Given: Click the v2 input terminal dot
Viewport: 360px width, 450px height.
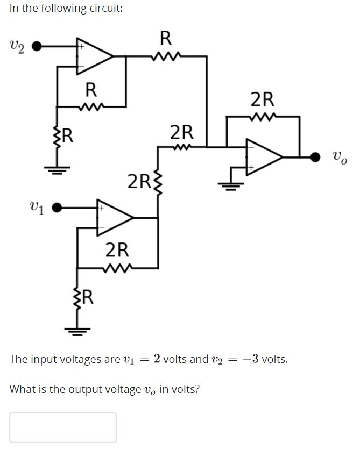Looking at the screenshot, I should click(x=37, y=47).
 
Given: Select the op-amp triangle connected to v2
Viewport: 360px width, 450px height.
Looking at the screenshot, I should click(x=93, y=55).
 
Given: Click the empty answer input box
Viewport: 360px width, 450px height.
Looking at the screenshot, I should click(x=62, y=427).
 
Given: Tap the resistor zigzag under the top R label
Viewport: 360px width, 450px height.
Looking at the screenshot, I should click(x=165, y=55).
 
